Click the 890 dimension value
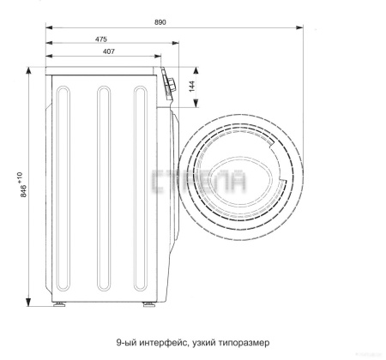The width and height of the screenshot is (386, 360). coord(160,22)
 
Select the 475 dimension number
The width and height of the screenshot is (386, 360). coord(101,39)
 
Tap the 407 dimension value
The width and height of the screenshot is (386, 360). coord(109,51)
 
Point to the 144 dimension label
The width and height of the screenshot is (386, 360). coord(191,87)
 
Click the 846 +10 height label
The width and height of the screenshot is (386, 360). coord(23,184)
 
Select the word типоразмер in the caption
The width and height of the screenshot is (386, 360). coord(244,342)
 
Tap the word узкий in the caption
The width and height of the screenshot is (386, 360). coord(204,342)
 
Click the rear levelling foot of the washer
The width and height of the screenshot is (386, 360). coord(59,304)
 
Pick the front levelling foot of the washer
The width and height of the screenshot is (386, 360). coord(149,304)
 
